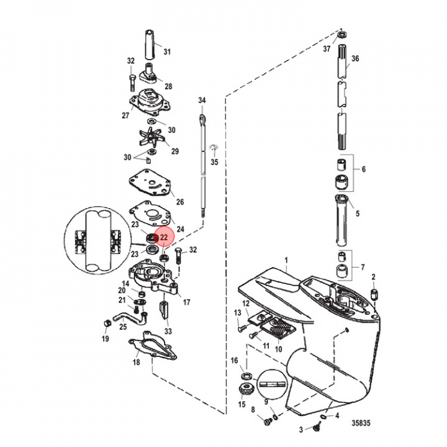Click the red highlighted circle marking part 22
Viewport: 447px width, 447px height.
coord(164,237)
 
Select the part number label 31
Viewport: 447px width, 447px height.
coord(166,51)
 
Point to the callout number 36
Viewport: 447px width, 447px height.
coord(355,59)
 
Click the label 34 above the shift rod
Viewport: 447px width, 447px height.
coord(202,100)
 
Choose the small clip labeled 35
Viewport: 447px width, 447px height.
coord(213,147)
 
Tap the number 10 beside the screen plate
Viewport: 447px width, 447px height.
coord(278,349)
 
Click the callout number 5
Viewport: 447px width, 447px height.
coord(357,214)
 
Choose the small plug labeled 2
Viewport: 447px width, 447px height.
coord(374,293)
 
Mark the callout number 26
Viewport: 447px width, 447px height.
coord(180,202)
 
